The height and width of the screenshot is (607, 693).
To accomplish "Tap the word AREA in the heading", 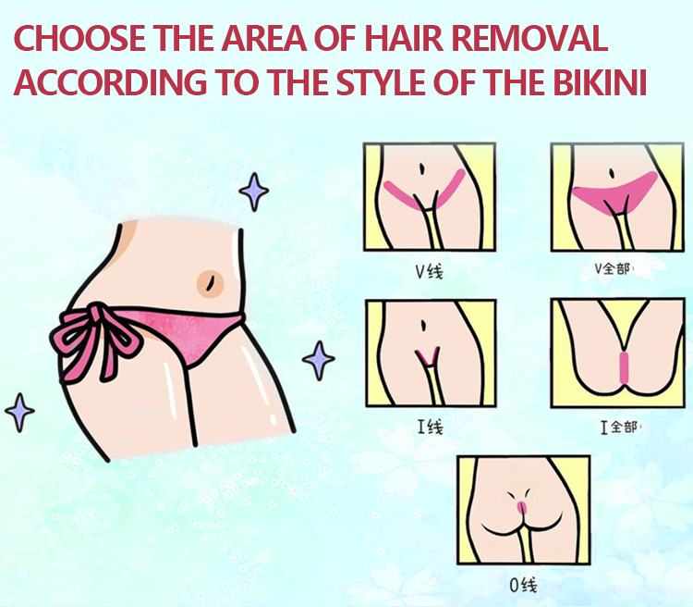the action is click(264, 38).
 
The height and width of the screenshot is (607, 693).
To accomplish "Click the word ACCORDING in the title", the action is click(111, 82).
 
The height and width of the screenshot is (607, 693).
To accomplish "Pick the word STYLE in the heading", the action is click(380, 82).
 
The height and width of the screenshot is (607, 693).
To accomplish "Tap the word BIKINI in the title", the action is click(600, 82).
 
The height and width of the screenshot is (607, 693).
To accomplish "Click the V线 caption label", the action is click(429, 271).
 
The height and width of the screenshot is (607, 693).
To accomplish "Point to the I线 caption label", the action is click(430, 427).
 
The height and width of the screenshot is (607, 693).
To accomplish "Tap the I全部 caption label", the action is click(619, 427).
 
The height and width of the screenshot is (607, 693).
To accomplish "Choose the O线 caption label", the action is click(523, 586).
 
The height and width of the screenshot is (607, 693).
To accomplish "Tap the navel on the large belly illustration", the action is click(210, 283).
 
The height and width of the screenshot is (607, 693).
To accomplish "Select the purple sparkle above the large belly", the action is click(254, 192).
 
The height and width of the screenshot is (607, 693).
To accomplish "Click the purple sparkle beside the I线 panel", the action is click(318, 360).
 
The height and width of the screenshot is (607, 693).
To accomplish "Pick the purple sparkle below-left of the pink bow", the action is click(19, 412).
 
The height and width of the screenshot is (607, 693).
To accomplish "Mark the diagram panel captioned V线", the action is click(430, 197).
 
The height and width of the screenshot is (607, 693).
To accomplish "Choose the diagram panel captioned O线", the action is click(524, 510).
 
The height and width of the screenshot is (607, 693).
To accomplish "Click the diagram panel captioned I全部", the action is click(617, 353).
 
